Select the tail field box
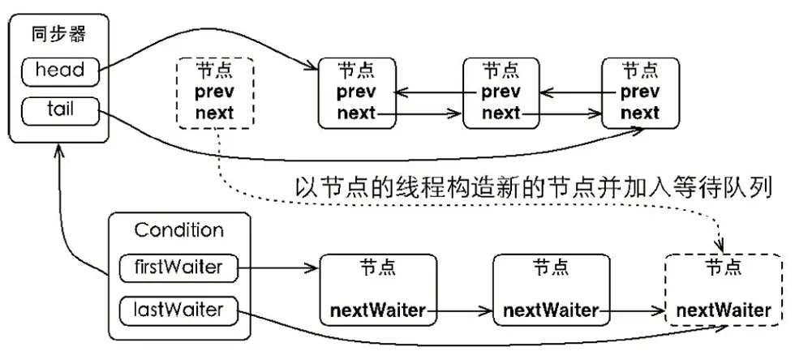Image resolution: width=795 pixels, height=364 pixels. click(60, 111)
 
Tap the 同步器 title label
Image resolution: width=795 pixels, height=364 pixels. click(58, 36)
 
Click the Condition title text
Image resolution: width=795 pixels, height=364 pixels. click(178, 231)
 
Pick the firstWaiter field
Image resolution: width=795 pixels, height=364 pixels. click(178, 268)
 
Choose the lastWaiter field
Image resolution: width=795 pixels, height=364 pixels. click(178, 310)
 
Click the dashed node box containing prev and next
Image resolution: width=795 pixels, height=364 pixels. click(214, 92)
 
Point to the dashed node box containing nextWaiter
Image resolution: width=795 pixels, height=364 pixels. click(724, 290)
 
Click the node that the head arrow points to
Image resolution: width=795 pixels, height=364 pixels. click(357, 92)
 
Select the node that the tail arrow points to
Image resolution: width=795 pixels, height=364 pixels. click(640, 92)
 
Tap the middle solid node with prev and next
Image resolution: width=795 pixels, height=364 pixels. click(501, 92)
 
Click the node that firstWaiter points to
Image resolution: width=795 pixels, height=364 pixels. click(378, 290)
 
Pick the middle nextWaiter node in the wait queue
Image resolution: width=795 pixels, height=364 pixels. click(551, 290)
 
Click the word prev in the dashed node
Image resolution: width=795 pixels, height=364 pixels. click(214, 92)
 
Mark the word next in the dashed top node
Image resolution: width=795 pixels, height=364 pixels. click(214, 113)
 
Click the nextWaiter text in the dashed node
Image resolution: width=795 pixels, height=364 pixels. click(724, 310)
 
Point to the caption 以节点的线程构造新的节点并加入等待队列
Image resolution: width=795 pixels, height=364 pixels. click(534, 188)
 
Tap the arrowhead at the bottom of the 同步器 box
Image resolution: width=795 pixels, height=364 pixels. click(60, 151)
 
